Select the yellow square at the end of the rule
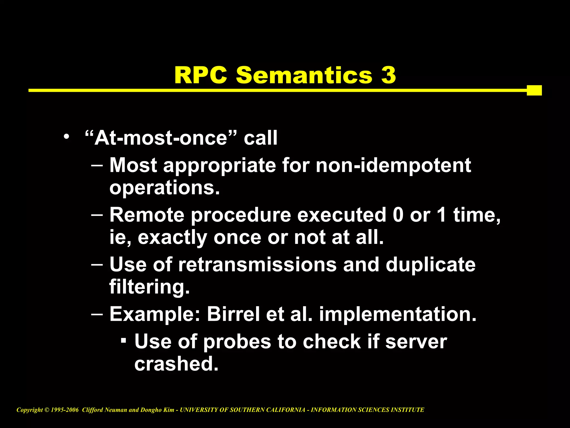[534, 90]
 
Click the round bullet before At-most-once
[66, 137]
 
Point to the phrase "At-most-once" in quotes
[161, 138]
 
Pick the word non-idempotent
[393, 165]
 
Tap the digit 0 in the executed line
[398, 215]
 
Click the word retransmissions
[257, 264]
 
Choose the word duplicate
[431, 264]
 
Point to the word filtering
[149, 287]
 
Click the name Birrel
[233, 314]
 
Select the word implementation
[398, 314]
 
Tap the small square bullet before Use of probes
[124, 340]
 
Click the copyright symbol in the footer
[47, 410]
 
